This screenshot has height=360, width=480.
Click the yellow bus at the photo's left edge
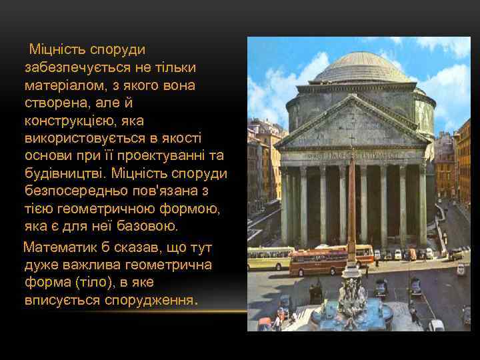[270, 257]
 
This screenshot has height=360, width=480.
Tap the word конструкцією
[71, 121]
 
